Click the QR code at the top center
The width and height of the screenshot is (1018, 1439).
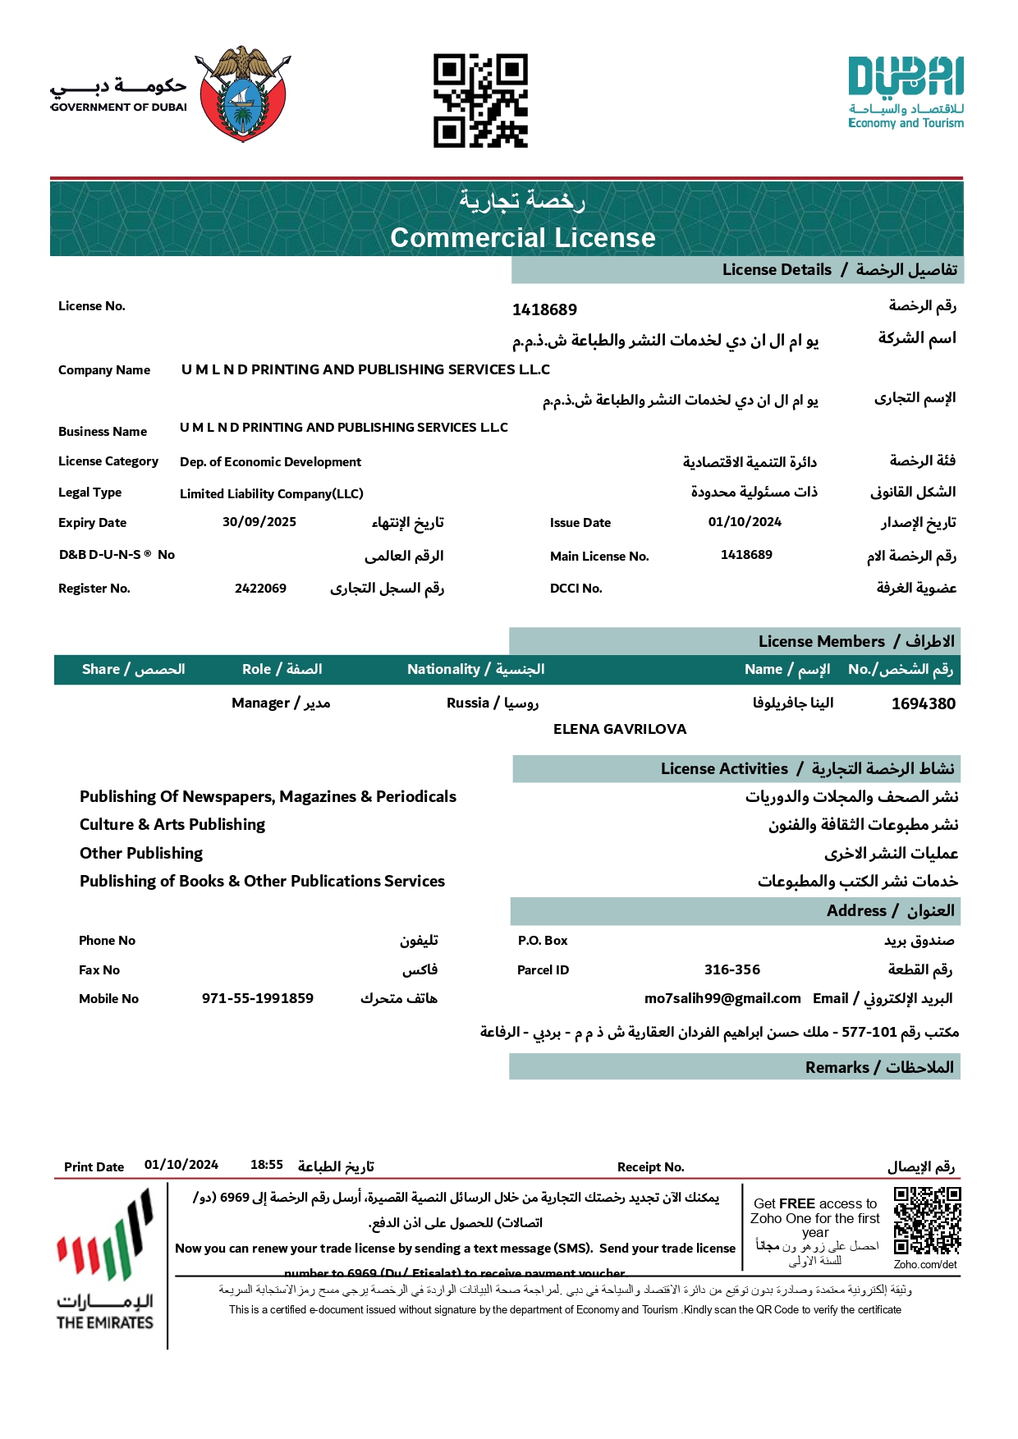[x=480, y=101]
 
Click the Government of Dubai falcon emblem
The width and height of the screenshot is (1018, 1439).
[x=243, y=94]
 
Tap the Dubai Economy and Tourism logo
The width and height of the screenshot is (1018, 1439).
[x=906, y=93]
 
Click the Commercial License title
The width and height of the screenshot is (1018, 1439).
[x=523, y=237]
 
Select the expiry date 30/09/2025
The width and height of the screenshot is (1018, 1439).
[x=259, y=522]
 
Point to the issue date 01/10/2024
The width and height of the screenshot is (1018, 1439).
[x=745, y=522]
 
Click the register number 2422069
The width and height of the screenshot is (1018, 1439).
[x=260, y=589]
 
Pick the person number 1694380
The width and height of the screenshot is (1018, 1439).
[x=923, y=703]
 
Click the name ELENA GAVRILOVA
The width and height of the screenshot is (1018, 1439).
[x=620, y=729]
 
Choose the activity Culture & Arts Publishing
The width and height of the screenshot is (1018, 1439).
[x=172, y=824]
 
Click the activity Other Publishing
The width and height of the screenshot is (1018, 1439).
[x=141, y=853]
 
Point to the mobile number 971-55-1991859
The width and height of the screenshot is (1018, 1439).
[x=258, y=998]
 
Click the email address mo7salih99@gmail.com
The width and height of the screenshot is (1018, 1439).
[x=722, y=998]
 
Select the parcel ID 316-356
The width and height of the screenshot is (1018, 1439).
[x=732, y=969]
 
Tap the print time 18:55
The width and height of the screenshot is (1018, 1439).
[x=267, y=1165]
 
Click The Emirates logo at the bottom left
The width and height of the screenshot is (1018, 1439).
[x=105, y=1260]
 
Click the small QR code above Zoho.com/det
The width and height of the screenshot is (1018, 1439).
[x=927, y=1221]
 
